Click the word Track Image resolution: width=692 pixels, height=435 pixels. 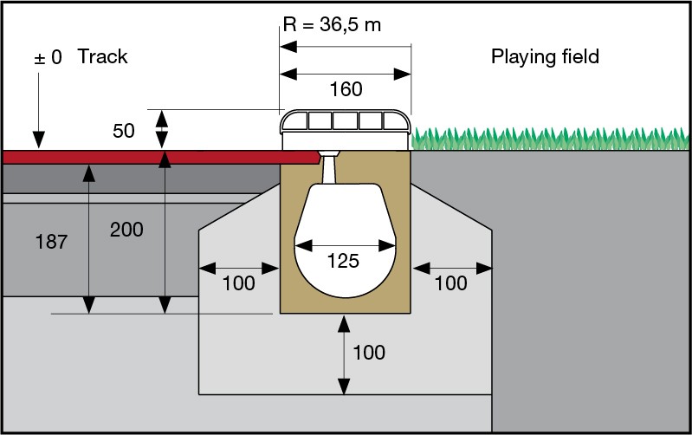(x=102, y=57)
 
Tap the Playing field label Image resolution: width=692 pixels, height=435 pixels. (x=545, y=57)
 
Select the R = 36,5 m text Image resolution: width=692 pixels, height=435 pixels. (x=332, y=24)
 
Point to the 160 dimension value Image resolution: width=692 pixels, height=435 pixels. (x=346, y=89)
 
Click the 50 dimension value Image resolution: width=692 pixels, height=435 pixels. (x=124, y=131)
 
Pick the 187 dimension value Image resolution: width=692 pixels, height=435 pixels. (x=51, y=243)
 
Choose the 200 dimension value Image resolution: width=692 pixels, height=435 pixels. (x=126, y=230)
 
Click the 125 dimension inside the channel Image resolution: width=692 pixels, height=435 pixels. (x=344, y=261)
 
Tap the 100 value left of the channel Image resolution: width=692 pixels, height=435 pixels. (x=238, y=283)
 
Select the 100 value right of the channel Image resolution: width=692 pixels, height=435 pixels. (x=450, y=283)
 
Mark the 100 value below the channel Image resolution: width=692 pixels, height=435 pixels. (x=368, y=353)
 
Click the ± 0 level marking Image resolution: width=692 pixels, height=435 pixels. (x=48, y=58)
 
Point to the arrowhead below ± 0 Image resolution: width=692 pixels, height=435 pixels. (x=37, y=140)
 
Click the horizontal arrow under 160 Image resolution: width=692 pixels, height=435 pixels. (x=345, y=73)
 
